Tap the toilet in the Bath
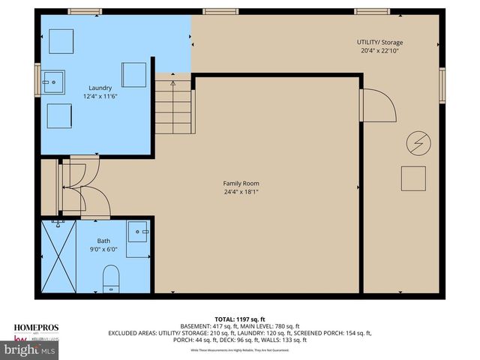109,277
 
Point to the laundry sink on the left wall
54,79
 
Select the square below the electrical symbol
413,178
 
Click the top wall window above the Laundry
79,11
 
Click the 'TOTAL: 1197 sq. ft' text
240,319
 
